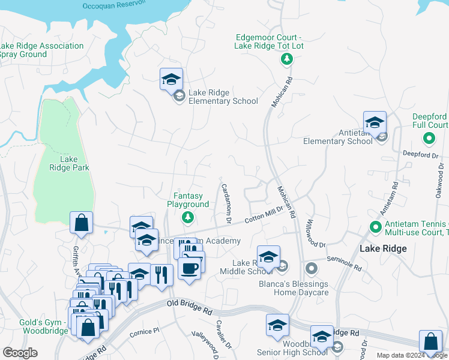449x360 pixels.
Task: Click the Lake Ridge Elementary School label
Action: click(223, 97)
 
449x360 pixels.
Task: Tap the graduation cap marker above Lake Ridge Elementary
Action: click(171, 79)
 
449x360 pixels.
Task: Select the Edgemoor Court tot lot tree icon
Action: click(288, 59)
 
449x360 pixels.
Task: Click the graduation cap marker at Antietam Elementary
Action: click(375, 122)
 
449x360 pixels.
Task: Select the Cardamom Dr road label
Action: click(226, 203)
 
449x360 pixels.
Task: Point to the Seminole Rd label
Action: click(345, 263)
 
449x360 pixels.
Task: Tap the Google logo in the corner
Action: click(20, 353)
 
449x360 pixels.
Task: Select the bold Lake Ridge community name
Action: click(383, 248)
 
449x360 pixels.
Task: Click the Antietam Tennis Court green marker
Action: click(376, 227)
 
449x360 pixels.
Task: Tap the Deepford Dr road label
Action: click(420, 155)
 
